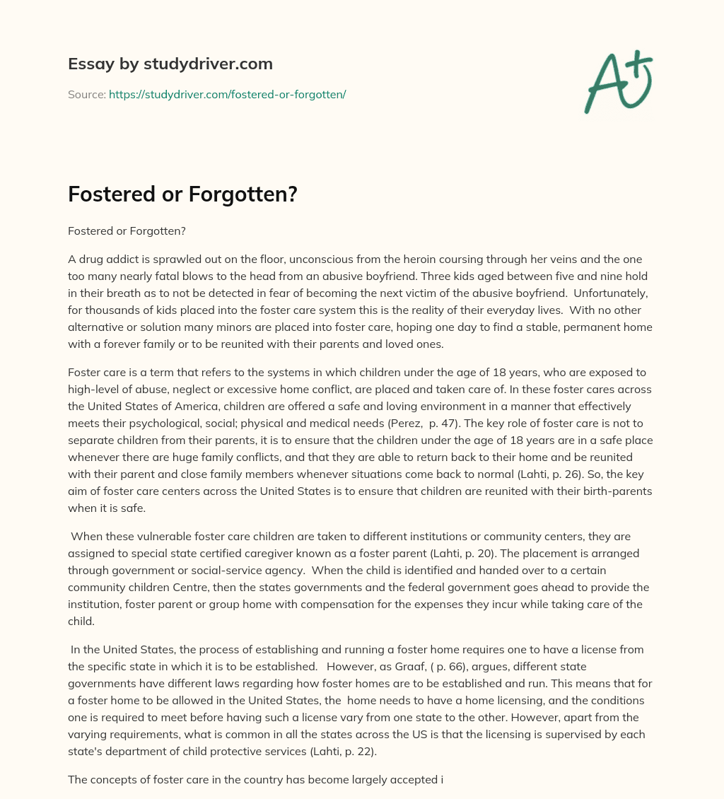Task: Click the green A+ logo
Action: pyautogui.click(x=618, y=81)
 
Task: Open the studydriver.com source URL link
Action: pyautogui.click(x=227, y=94)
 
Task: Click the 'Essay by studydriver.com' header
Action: pyautogui.click(x=170, y=64)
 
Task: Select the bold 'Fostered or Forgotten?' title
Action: pyautogui.click(x=182, y=194)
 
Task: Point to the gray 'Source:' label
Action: pyautogui.click(x=86, y=94)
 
